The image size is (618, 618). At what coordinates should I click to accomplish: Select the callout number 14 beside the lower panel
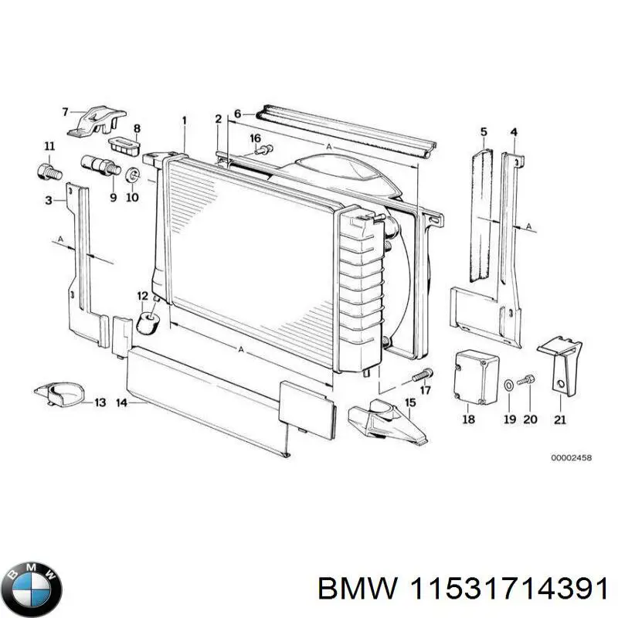(121, 402)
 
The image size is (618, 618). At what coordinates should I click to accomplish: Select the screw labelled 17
(421, 375)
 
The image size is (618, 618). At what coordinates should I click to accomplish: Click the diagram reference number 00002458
(571, 458)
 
